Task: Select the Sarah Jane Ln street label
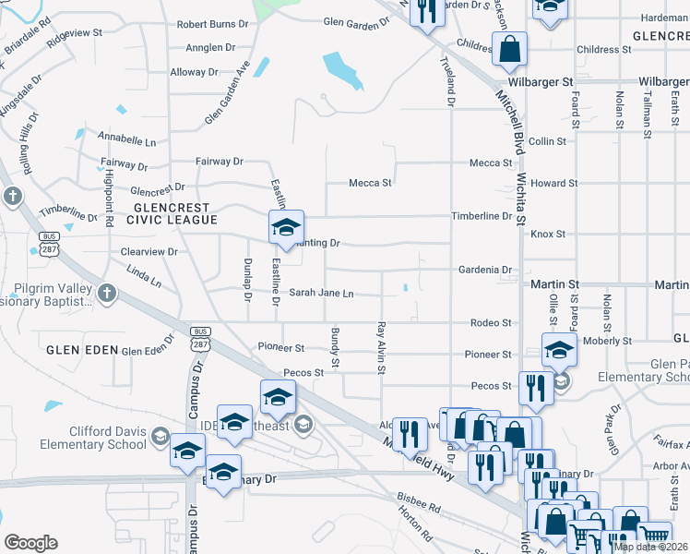click(x=322, y=294)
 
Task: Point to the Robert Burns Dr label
click(x=212, y=24)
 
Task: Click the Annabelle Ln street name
click(x=127, y=141)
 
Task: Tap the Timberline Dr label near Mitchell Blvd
click(x=481, y=216)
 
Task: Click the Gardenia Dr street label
click(x=484, y=270)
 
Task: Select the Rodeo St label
click(x=491, y=323)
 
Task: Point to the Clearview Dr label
click(x=149, y=251)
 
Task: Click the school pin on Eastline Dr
click(x=286, y=226)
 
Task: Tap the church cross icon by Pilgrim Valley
click(x=107, y=294)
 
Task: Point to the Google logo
click(x=30, y=543)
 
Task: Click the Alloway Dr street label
click(x=194, y=72)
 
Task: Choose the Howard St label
click(x=553, y=183)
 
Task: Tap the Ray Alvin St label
click(x=380, y=346)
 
